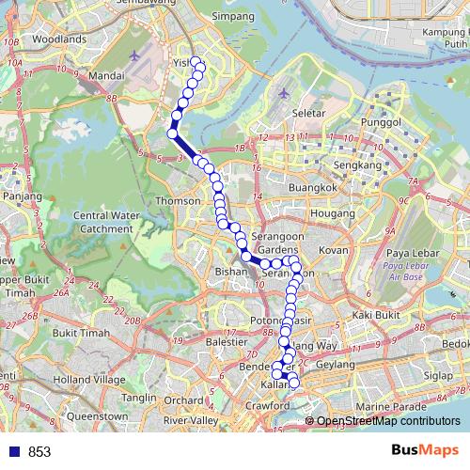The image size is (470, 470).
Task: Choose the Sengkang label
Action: (362, 165)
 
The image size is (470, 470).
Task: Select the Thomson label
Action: (179, 201)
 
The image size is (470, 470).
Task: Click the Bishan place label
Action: (229, 270)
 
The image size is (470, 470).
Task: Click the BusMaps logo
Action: (427, 451)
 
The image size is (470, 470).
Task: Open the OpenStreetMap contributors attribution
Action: (388, 421)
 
